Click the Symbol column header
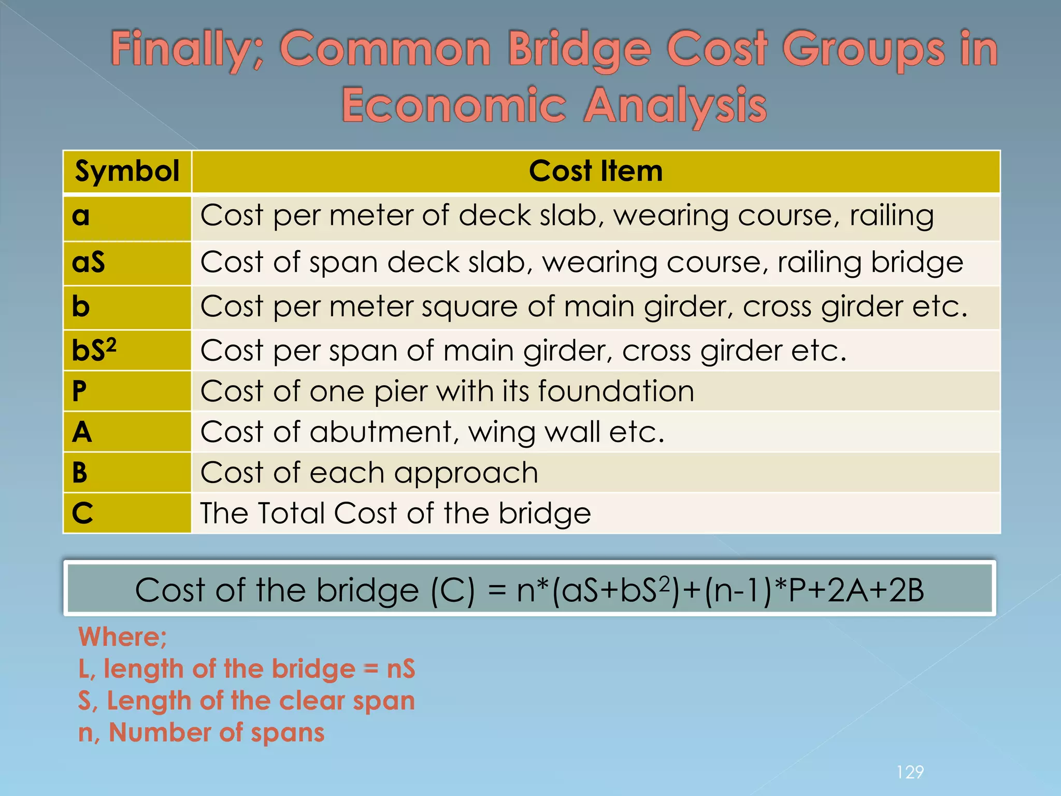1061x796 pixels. (x=127, y=172)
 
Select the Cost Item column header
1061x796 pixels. (x=596, y=172)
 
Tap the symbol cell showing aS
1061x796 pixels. (x=89, y=262)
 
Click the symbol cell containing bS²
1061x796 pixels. (x=94, y=350)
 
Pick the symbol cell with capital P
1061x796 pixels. (x=79, y=391)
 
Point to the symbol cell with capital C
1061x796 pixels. (x=82, y=514)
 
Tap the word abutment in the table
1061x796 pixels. (x=381, y=432)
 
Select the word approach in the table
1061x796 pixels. (x=466, y=474)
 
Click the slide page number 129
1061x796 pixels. (x=910, y=772)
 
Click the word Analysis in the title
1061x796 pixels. (x=675, y=106)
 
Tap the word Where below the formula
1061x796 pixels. (x=122, y=637)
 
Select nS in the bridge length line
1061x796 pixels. (x=400, y=669)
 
